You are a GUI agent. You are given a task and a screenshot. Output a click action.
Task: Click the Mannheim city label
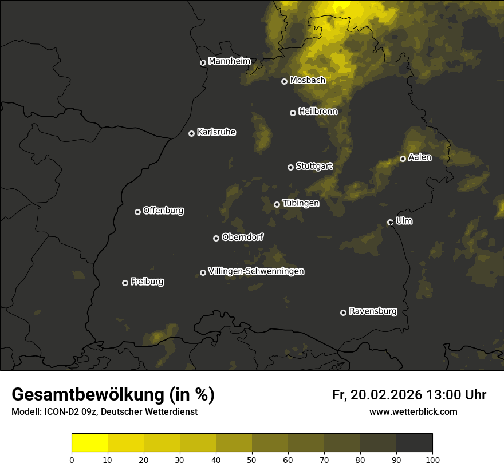pos(229,61)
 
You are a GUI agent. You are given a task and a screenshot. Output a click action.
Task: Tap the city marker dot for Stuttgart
pos(290,167)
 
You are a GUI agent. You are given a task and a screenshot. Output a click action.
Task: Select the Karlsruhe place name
pos(216,132)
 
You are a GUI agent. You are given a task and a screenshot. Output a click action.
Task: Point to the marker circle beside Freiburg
pos(125,283)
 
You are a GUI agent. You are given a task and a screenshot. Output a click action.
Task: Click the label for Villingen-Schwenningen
pos(256,271)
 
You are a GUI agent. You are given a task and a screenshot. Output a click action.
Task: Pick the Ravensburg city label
pos(372,311)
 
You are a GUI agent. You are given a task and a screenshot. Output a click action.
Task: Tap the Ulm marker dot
pos(390,222)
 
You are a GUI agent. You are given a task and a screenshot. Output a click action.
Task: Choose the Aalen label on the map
pos(419,157)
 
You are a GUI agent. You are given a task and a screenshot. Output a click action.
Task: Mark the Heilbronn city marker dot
pos(293,113)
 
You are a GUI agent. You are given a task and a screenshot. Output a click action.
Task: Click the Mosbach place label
pos(307,81)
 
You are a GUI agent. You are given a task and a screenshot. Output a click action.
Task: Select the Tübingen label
pos(300,203)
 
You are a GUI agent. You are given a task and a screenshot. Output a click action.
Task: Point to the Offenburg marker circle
pos(137,212)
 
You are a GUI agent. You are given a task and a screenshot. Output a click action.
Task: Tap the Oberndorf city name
pos(242,237)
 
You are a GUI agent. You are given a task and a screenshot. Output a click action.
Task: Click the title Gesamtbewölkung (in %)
pos(113,395)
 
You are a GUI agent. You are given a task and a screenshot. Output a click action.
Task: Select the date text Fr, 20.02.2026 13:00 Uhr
pos(409,395)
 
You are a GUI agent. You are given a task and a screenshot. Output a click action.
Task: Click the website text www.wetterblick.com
pos(413,411)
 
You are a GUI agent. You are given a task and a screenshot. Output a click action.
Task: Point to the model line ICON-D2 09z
pos(104,412)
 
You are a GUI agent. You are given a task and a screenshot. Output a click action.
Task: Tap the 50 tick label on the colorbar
pos(252,459)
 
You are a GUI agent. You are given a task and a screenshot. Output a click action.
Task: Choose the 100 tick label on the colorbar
pos(432,459)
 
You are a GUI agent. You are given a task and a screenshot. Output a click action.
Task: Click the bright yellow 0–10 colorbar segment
pos(90,443)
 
